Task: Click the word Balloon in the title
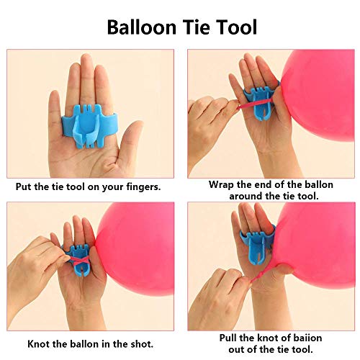pos(142,27)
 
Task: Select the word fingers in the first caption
pos(143,187)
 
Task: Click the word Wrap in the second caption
pos(221,185)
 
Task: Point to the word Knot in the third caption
pos(39,344)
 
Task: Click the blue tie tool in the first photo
pos(90,125)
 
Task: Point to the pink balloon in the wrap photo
pos(318,95)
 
